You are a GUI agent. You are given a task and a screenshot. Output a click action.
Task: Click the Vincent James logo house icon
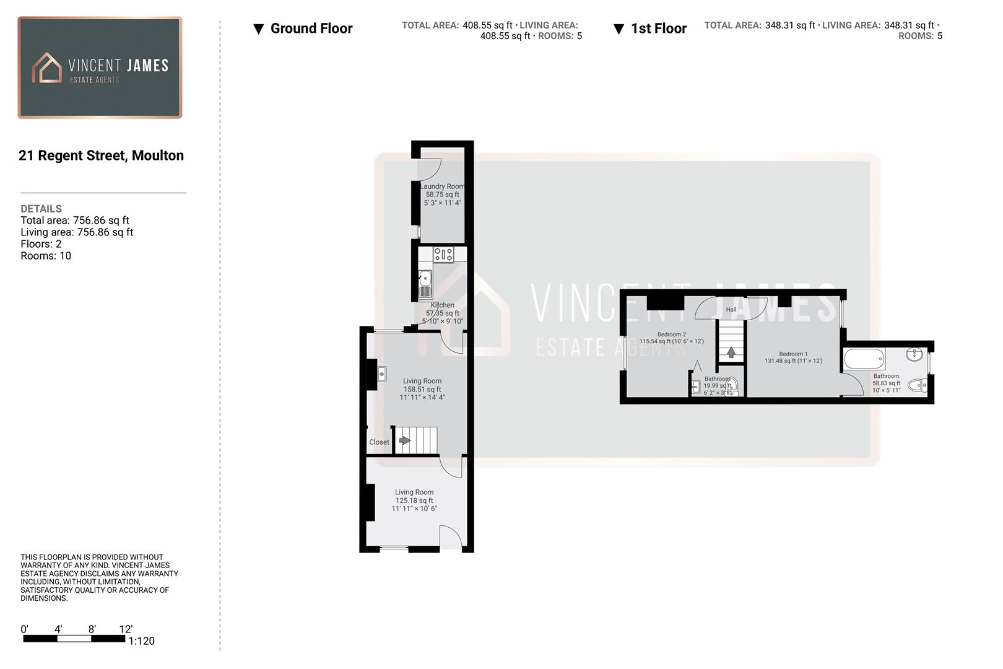pos(47,68)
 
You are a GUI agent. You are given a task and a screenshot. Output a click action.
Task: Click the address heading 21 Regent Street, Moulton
pos(101,155)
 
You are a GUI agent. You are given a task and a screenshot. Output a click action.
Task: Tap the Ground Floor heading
pos(311,28)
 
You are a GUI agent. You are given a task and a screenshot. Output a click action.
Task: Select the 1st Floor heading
pos(658,28)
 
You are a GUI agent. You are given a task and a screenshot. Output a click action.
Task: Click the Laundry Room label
pos(442,186)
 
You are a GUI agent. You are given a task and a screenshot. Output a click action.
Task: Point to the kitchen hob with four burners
pos(443,254)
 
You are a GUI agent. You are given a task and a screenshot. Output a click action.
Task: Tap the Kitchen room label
pos(442,305)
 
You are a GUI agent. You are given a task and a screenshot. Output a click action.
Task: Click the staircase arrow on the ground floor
pos(404,440)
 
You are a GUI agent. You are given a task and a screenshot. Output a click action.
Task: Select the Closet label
pos(379,442)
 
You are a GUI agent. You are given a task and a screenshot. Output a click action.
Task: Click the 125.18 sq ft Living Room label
pos(414,501)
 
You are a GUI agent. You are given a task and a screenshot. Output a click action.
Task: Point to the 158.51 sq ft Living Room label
pos(422,389)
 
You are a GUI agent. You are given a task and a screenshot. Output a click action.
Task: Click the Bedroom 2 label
pos(671,334)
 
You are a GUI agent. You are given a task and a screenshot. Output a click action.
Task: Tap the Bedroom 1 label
pos(793,354)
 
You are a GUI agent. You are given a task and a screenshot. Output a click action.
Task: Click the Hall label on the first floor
pos(731,310)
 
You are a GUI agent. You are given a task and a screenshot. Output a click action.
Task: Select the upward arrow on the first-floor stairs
pos(731,352)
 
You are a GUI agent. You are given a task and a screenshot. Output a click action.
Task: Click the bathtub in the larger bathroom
pos(864,359)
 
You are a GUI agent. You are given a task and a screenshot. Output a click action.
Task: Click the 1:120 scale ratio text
pos(142,641)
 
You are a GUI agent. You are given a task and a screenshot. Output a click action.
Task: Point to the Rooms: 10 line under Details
pos(46,256)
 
